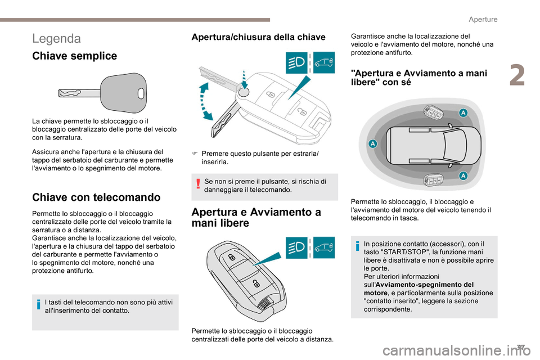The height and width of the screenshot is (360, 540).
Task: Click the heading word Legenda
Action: pyautogui.click(x=57, y=38)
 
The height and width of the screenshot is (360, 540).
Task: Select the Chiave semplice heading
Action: pyautogui.click(x=75, y=56)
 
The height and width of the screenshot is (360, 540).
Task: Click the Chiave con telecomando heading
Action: pyautogui.click(x=96, y=197)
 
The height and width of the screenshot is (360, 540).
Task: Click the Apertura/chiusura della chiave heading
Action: pyautogui.click(x=258, y=37)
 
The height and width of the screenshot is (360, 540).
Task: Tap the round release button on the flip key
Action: pyautogui.click(x=242, y=92)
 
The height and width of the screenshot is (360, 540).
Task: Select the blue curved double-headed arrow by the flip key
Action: pyautogui.click(x=205, y=101)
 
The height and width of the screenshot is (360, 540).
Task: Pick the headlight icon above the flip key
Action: pyautogui.click(x=297, y=62)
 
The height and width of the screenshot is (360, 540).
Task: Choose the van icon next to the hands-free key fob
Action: pyautogui.click(x=323, y=247)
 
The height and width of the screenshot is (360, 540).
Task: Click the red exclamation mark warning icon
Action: pyautogui.click(x=200, y=185)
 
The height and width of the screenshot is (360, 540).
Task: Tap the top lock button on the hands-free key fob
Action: pyautogui.click(x=232, y=257)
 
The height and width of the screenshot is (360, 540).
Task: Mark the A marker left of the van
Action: pyautogui.click(x=372, y=145)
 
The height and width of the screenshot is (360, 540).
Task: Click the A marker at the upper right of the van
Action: pyautogui.click(x=463, y=112)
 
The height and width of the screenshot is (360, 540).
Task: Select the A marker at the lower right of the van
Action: pyautogui.click(x=463, y=176)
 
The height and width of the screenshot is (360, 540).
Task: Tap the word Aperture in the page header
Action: pyautogui.click(x=482, y=20)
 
